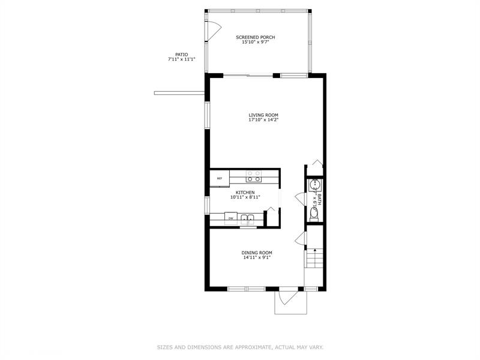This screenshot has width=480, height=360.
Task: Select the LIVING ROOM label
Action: coord(263,115)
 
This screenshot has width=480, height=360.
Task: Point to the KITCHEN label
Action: coord(245,192)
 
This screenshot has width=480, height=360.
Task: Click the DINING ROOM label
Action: coord(257,253)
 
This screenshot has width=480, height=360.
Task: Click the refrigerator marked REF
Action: coord(220,178)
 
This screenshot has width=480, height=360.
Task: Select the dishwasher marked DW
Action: coord(230,218)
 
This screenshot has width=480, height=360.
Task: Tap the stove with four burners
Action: coord(254,176)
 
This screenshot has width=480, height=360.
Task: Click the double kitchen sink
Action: coord(248,219)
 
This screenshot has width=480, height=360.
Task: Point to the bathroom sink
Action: coord(314,185)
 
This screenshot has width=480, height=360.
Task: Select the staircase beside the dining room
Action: coord(314,259)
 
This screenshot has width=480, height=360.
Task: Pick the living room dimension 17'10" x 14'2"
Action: coord(263,120)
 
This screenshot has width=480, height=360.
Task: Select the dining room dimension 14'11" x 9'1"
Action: coord(257,258)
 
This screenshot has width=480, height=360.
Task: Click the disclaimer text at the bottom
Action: coord(240,347)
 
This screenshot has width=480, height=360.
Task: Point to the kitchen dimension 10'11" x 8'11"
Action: coord(245,197)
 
